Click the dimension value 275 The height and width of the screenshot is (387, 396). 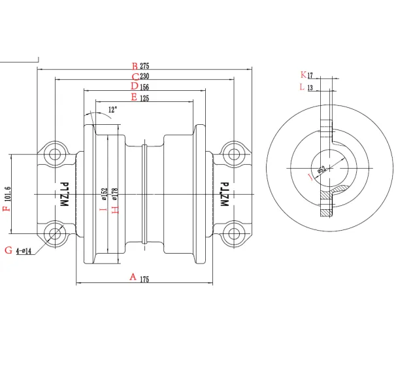[145, 66]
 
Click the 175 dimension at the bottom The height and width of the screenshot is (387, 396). [144, 279]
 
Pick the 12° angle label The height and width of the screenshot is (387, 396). [113, 110]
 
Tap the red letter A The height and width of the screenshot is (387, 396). [133, 277]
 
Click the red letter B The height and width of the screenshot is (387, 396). [135, 66]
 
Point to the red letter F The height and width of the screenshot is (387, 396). [7, 209]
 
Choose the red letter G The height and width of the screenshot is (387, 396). [8, 250]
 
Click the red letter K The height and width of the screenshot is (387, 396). [302, 75]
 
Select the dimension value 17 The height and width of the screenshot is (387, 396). [310, 75]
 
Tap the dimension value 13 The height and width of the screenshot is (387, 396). [310, 87]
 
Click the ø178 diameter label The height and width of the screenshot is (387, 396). [114, 195]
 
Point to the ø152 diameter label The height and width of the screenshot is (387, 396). [104, 195]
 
